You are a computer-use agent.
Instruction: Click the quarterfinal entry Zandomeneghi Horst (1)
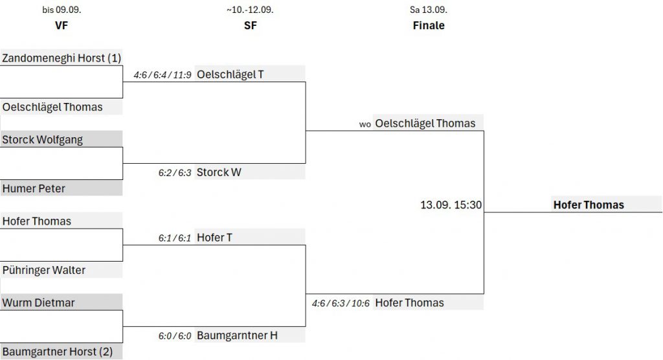(62, 58)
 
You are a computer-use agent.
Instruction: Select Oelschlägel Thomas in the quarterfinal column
(52, 107)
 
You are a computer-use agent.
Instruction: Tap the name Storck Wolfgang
(43, 140)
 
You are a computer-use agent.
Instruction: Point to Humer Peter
(34, 188)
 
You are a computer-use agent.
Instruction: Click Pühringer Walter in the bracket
(44, 270)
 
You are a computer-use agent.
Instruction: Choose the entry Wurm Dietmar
(39, 302)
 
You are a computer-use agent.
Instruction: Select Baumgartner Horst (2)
(58, 352)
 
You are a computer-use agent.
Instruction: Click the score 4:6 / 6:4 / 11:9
(162, 75)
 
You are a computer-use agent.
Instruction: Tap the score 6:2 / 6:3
(174, 173)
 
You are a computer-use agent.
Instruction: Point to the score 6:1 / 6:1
(174, 238)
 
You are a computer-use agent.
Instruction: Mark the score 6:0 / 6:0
(174, 336)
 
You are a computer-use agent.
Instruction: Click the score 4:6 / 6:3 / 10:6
(341, 303)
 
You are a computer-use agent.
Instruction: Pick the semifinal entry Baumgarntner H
(238, 335)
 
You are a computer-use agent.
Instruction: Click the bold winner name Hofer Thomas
(589, 205)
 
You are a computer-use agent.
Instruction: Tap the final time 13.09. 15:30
(451, 205)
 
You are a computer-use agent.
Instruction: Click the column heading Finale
(429, 26)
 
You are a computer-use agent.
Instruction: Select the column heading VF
(62, 26)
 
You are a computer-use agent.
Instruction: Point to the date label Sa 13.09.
(429, 10)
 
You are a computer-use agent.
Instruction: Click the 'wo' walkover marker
(365, 124)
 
